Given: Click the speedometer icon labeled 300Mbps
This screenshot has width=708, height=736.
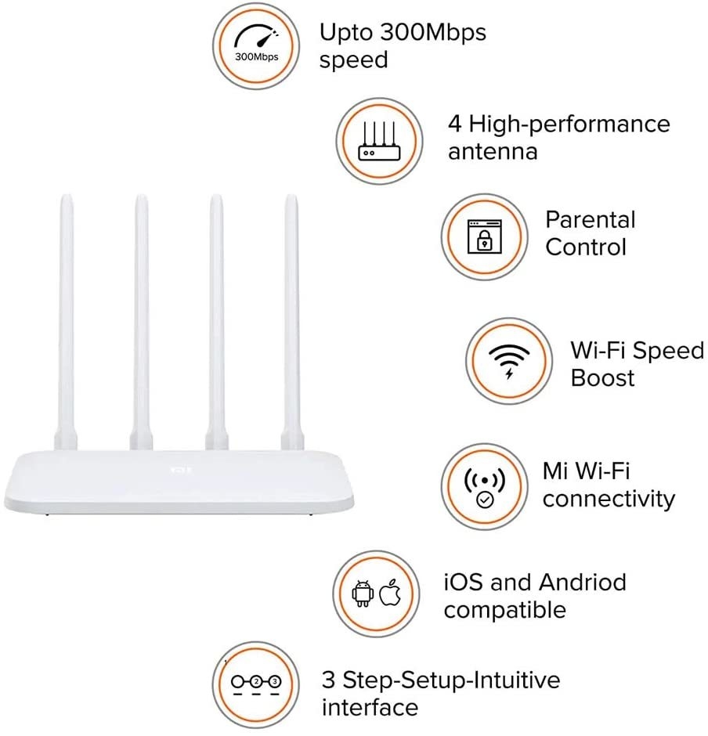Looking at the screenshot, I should (257, 45).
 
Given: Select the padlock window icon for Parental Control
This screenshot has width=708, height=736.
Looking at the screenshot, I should (483, 236).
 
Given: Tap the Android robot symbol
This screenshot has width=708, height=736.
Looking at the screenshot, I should (362, 594).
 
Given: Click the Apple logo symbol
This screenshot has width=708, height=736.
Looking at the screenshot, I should (389, 594).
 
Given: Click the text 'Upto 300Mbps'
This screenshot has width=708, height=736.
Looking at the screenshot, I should (403, 33).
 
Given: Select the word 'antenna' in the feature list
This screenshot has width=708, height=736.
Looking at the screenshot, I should (493, 151).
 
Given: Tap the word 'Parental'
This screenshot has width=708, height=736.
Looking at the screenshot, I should (591, 220).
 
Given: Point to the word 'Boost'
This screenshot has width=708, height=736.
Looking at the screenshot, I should (602, 378).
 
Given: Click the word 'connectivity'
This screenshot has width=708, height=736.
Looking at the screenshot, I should (609, 499).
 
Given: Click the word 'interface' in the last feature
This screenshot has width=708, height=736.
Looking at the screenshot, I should (370, 708).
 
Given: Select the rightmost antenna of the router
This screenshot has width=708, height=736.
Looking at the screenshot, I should (291, 313).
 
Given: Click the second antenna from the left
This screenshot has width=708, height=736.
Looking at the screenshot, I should (141, 313).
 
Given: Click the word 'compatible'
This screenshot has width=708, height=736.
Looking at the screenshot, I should (504, 610).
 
